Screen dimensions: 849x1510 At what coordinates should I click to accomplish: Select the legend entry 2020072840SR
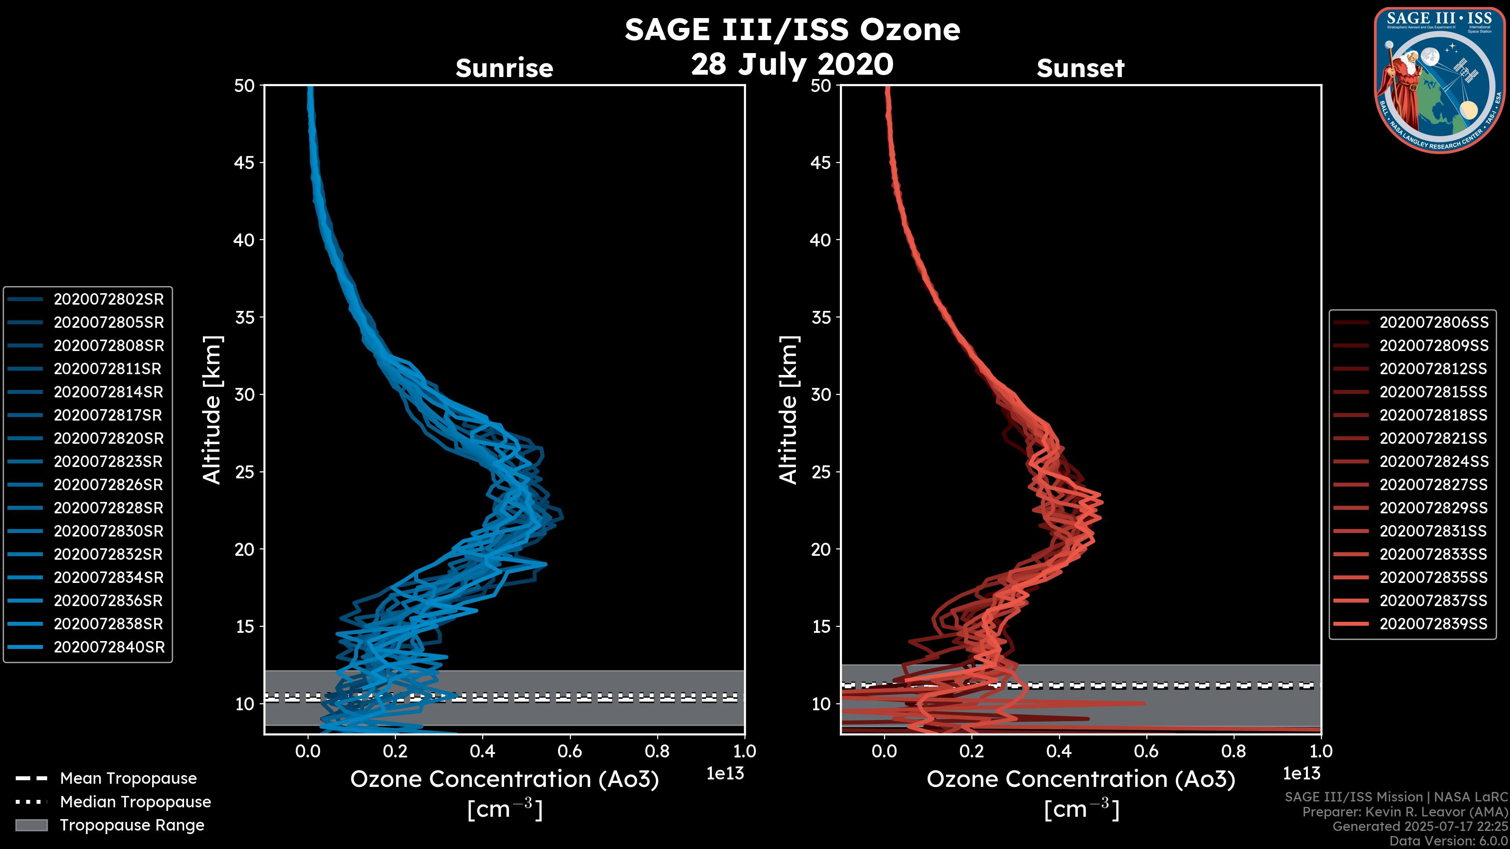point(109,647)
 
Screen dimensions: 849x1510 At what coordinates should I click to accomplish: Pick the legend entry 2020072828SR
point(109,508)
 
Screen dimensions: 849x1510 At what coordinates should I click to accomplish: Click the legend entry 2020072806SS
point(1434,322)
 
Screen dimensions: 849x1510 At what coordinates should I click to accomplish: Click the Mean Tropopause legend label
point(128,779)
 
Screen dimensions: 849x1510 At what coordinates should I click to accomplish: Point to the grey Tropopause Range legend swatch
point(31,825)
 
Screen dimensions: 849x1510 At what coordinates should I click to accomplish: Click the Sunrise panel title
point(504,68)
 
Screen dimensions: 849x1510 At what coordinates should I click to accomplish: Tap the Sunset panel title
point(1080,68)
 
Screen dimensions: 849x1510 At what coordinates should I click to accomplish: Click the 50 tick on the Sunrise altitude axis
point(245,86)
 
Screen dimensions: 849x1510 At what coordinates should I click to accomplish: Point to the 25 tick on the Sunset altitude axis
point(821,472)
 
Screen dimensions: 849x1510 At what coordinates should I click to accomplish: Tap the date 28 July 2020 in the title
point(792,64)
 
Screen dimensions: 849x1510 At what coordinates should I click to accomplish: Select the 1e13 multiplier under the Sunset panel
point(1301,774)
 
